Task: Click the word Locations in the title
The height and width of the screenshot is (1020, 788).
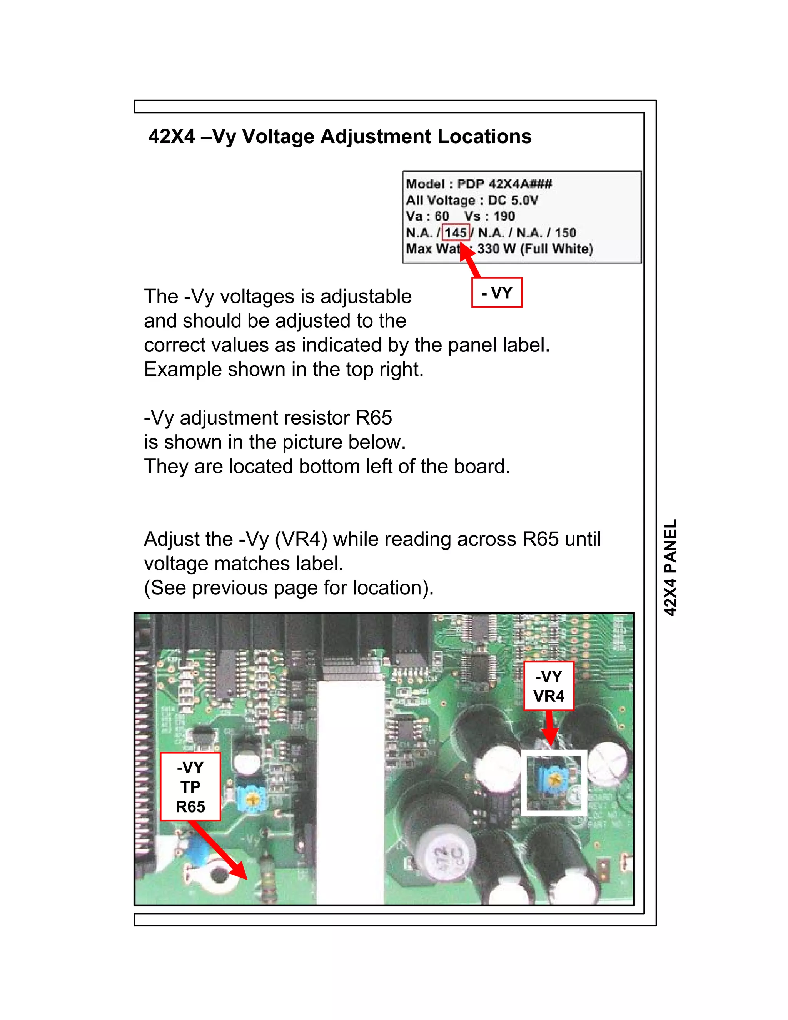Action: pyautogui.click(x=484, y=136)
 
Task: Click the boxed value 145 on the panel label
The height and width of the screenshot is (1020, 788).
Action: pyautogui.click(x=456, y=232)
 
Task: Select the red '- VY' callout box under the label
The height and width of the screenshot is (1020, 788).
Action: pyautogui.click(x=497, y=293)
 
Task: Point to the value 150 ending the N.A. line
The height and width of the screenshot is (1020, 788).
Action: pyautogui.click(x=565, y=232)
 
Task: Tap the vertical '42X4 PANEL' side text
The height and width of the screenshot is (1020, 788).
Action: pyautogui.click(x=670, y=567)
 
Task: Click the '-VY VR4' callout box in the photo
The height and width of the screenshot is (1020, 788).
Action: pyautogui.click(x=549, y=686)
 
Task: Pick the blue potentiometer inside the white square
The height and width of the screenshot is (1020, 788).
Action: pyautogui.click(x=553, y=779)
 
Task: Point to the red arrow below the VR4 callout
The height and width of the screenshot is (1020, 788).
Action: pyautogui.click(x=550, y=729)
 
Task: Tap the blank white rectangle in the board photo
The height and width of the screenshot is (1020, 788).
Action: pyautogui.click(x=351, y=794)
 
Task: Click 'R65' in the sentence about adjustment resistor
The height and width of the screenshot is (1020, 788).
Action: pyautogui.click(x=374, y=418)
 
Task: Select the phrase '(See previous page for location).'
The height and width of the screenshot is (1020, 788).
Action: pyautogui.click(x=289, y=587)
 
